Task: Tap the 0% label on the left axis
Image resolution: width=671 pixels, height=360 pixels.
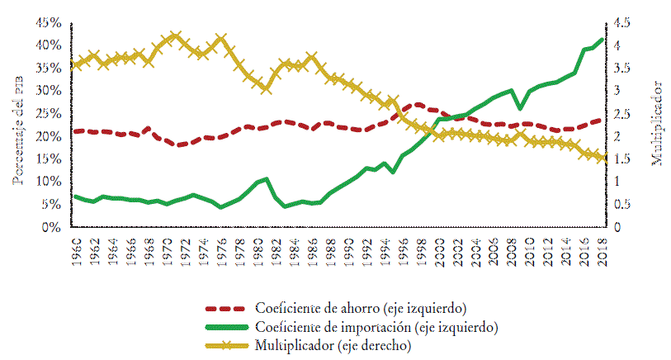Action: click(x=53, y=227)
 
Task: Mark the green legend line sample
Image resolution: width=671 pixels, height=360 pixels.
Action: click(x=226, y=327)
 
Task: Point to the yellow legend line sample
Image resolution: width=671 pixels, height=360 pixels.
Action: click(x=226, y=346)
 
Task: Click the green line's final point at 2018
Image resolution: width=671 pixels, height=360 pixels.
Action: click(x=602, y=39)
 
